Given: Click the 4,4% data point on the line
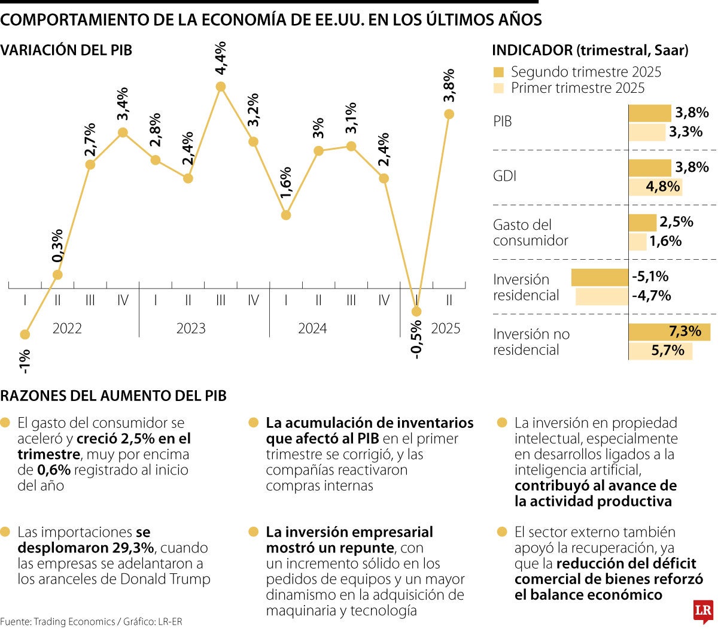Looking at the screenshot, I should click(220, 87).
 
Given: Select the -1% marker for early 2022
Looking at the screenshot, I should click(25, 334).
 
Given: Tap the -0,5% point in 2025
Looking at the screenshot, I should click(416, 311).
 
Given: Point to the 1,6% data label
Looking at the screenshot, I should click(285, 183).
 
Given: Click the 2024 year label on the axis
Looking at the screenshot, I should click(312, 329).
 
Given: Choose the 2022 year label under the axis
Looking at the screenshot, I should click(67, 329).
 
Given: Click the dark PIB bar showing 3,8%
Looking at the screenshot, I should click(650, 113).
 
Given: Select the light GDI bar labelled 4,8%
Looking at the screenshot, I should click(655, 187).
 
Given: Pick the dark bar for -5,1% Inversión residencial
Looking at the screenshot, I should click(600, 277).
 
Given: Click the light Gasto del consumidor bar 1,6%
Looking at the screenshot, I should click(638, 242).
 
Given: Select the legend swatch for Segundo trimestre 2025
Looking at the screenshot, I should click(498, 72).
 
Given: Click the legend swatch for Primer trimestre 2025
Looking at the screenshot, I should click(498, 89).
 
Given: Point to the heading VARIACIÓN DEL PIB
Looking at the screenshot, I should click(66, 50).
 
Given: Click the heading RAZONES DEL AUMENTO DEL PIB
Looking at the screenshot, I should click(114, 396).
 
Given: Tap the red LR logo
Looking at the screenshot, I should click(703, 611).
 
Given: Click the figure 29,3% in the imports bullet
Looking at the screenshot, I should click(133, 548).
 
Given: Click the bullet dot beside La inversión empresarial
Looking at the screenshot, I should click(254, 532).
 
